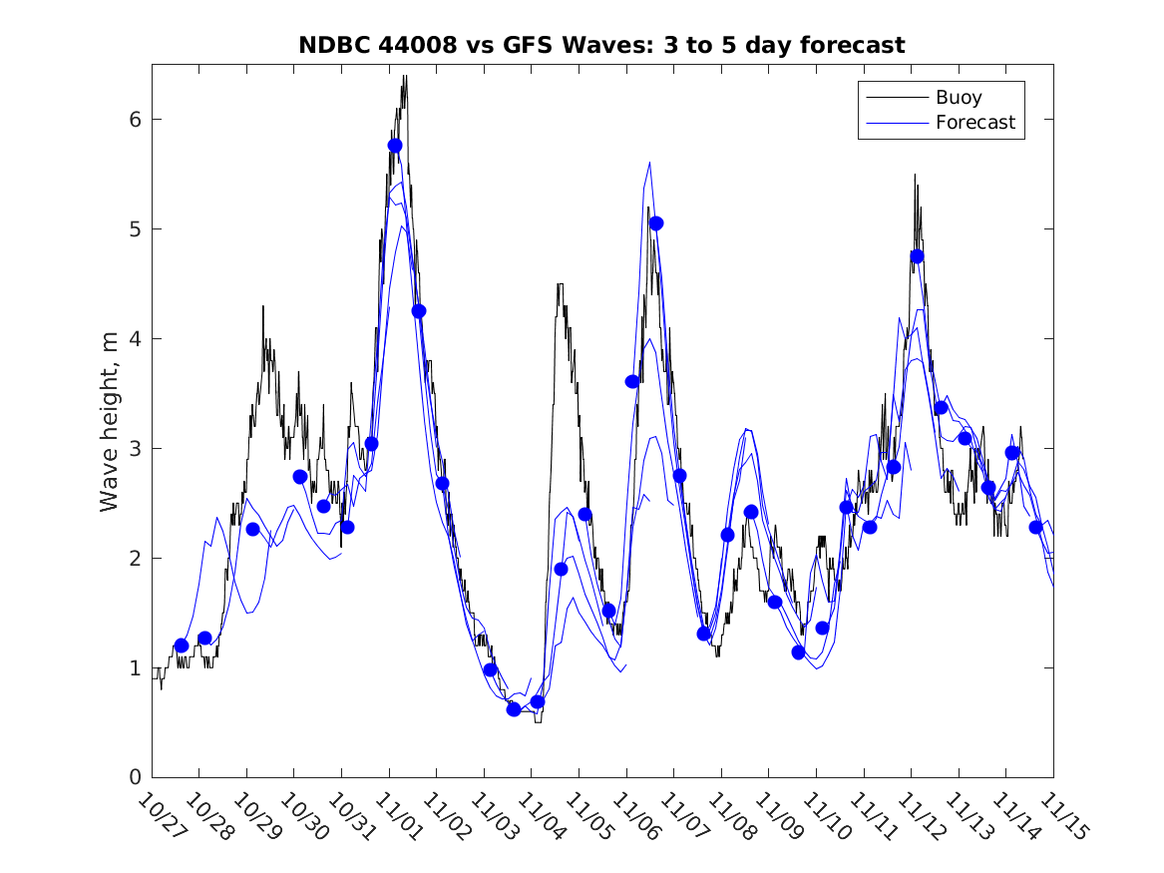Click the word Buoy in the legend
click(958, 98)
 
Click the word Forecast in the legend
click(974, 123)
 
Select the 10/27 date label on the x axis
click(159, 816)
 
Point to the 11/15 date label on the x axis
click(1059, 816)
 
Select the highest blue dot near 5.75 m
click(395, 146)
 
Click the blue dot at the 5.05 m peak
click(655, 223)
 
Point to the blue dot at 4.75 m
click(917, 256)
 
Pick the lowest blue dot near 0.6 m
click(514, 709)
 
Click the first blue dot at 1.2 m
click(182, 646)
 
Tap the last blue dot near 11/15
click(1035, 527)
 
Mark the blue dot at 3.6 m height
click(632, 381)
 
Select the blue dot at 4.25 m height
click(419, 311)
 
